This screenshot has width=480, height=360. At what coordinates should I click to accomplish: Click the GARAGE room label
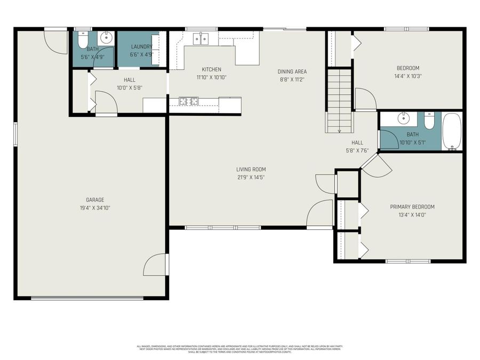click(95, 200)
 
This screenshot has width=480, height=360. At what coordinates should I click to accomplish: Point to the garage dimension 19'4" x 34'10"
click(95, 208)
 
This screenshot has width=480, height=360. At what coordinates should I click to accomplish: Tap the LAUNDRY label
click(141, 47)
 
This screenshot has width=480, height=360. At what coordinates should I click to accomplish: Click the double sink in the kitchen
click(201, 38)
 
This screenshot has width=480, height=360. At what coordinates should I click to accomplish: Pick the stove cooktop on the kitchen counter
click(188, 100)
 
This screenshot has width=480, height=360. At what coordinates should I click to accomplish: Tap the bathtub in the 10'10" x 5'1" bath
click(452, 132)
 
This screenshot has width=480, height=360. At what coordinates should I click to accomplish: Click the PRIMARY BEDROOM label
click(412, 207)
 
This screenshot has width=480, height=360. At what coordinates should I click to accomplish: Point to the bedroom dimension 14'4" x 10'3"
click(407, 76)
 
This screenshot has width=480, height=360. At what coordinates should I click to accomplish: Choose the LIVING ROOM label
click(251, 170)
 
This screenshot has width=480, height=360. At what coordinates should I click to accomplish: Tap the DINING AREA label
click(292, 71)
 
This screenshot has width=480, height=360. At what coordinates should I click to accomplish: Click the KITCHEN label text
click(211, 69)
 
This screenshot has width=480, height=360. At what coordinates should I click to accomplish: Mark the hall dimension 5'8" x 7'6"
click(357, 150)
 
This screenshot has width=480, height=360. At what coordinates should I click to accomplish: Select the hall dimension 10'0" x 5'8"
click(129, 88)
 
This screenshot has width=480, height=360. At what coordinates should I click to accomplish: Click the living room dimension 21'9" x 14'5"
click(251, 177)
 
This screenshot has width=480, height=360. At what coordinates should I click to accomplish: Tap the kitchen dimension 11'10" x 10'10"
click(211, 77)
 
